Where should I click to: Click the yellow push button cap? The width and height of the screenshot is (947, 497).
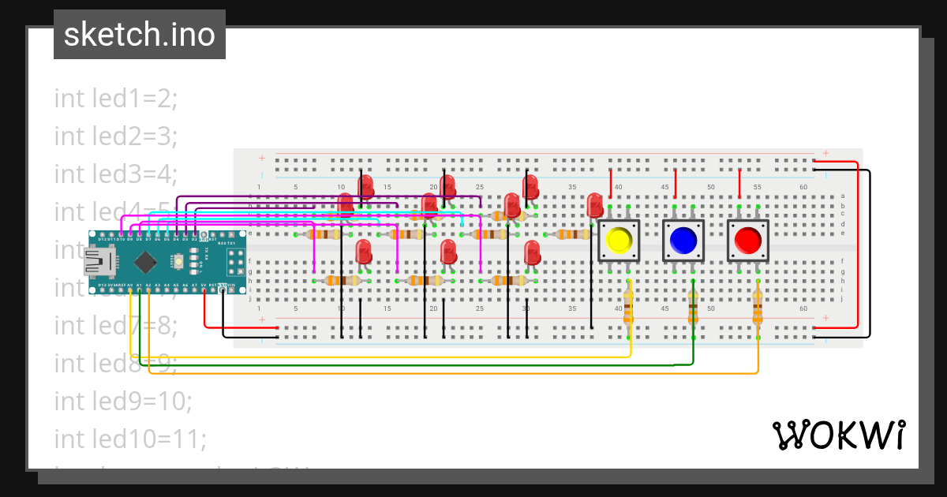[619, 240]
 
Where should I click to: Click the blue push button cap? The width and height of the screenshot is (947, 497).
[683, 240]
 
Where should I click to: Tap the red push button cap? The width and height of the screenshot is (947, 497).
[747, 240]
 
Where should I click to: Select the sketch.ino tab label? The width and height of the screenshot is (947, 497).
[140, 35]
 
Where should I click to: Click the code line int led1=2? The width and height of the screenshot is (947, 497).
[116, 99]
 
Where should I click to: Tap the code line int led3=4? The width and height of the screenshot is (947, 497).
[116, 174]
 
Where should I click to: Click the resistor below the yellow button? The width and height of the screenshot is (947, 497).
[628, 307]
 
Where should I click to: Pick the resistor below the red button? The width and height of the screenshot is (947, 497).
[758, 307]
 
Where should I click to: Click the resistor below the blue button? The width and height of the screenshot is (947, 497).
[693, 307]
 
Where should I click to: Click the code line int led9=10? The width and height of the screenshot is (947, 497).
[123, 401]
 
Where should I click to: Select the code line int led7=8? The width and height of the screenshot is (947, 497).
[116, 325]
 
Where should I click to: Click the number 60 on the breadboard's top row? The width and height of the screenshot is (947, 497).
[803, 187]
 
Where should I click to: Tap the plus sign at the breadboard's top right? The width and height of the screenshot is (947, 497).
[825, 153]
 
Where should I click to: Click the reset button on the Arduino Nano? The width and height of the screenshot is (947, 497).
[179, 260]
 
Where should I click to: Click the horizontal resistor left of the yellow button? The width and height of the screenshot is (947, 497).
[571, 234]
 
